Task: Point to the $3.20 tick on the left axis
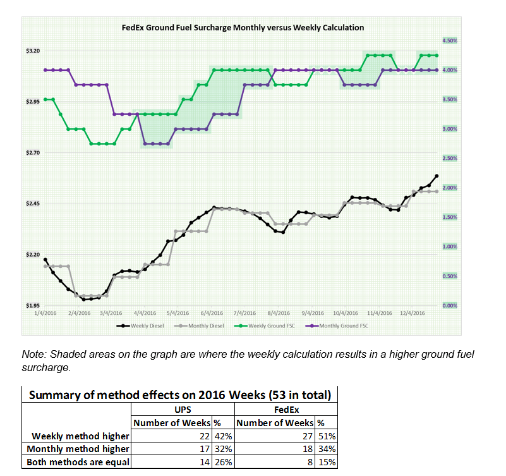pos(32,51)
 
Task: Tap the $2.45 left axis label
pos(32,204)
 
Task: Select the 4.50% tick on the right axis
pos(449,40)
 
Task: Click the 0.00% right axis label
pos(449,306)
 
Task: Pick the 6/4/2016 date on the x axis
pos(212,313)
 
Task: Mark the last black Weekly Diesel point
pos(437,176)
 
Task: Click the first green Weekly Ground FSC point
pos(45,99)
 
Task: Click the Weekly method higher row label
pos(80,436)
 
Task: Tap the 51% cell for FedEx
pos(328,436)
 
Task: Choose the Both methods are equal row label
pos(77,462)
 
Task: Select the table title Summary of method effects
pos(179,396)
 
